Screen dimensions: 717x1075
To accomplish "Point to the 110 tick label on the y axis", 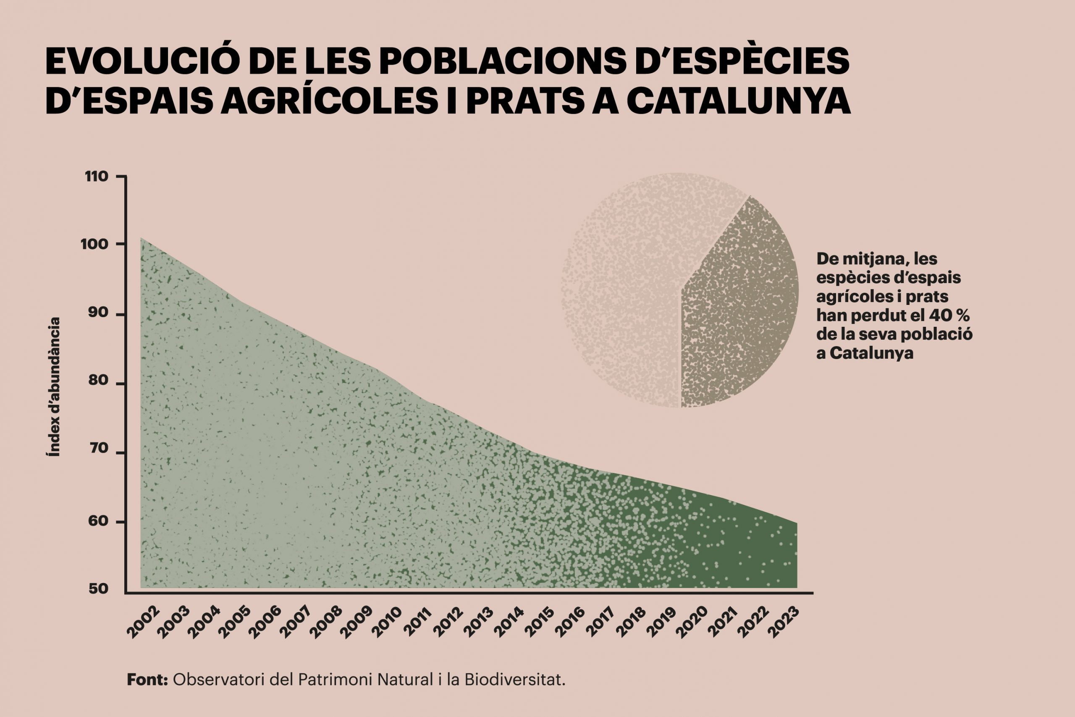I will tap(97, 176).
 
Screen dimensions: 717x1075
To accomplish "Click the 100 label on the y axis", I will tap(94, 244).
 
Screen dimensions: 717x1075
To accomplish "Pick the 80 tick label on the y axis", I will tap(98, 381).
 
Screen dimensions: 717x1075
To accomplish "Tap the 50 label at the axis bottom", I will tap(98, 589).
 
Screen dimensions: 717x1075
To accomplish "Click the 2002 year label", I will tap(143, 622).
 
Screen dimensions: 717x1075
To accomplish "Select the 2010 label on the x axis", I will tap(387, 622).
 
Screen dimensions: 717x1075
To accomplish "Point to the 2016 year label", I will tap(570, 622).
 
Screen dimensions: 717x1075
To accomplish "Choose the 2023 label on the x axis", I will tap(784, 622).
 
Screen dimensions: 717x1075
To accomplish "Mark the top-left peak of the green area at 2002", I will tap(141, 238).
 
